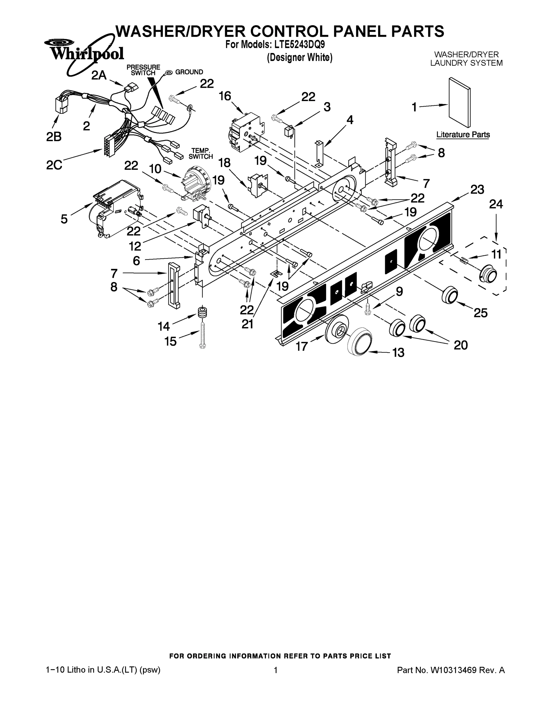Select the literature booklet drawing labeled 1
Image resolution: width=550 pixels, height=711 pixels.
coord(459,103)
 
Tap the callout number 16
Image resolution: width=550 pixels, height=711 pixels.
coord(224,96)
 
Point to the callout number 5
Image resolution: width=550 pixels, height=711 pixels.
coord(64,219)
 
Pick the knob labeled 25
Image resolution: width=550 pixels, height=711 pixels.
coord(450,295)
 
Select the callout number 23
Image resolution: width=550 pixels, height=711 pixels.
coord(477,190)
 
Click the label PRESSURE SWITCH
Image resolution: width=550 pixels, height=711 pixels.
coord(144,70)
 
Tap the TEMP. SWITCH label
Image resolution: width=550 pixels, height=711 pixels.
coord(200,153)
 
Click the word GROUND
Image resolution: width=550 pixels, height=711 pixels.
coord(189,72)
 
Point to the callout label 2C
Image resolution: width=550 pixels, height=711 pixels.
coord(54,165)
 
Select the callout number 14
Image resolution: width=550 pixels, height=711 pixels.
coord(164,326)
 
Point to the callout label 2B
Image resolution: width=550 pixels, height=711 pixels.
coord(54,137)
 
